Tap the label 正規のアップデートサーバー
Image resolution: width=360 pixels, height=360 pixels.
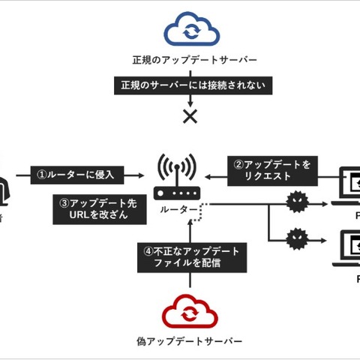click(190, 60)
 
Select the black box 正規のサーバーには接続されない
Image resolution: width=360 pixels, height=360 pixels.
click(190, 86)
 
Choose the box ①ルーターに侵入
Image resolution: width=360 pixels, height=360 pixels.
click(76, 175)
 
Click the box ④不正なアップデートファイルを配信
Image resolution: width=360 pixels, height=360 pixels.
click(190, 257)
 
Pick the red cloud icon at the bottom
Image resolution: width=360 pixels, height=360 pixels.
click(190, 312)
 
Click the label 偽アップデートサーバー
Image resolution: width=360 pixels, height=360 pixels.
click(190, 342)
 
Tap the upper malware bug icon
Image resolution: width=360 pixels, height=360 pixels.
click(296, 203)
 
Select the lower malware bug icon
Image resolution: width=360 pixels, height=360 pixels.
click(296, 241)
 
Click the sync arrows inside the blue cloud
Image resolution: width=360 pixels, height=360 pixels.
click(192, 32)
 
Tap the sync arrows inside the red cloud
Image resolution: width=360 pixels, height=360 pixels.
click(192, 313)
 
